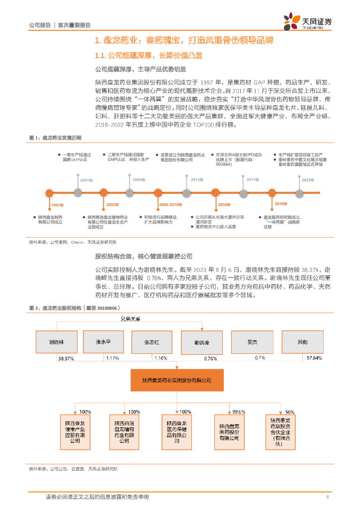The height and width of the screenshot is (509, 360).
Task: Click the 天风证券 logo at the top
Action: click(307, 22)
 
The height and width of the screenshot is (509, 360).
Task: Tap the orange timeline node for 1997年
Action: click(50, 193)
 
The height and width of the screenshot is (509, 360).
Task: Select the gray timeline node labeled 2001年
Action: click(78, 193)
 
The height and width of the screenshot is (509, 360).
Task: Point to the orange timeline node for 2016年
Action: click(216, 193)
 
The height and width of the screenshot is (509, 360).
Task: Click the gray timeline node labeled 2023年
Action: click(300, 193)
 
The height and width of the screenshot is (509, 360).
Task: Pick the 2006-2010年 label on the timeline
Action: click(171, 204)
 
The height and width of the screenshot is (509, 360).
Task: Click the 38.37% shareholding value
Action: click(66, 358)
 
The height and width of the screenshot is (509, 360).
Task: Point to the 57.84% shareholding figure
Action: click(314, 358)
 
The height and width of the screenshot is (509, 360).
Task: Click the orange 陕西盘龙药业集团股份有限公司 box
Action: click(177, 380)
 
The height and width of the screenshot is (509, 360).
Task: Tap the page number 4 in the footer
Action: click(327, 497)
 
